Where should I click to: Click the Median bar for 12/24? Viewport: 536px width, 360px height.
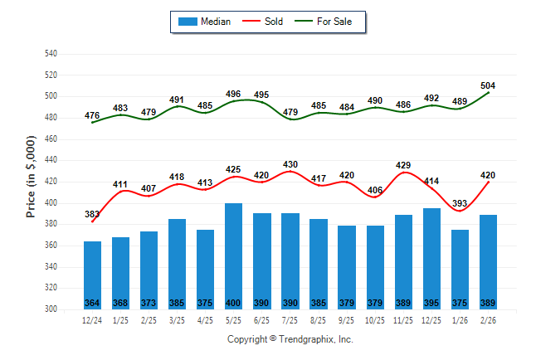pos(93,275)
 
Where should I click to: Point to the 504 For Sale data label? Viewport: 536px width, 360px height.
pos(488,86)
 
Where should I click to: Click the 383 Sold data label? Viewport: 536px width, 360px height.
pos(92,215)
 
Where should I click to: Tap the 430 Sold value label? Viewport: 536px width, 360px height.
pos(290,164)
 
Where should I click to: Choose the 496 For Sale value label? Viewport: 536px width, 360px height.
pos(233,94)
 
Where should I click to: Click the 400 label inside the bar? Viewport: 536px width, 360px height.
pos(234,303)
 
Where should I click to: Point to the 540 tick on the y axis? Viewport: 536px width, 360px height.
pos(50,54)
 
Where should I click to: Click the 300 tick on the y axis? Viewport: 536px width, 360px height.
pos(50,309)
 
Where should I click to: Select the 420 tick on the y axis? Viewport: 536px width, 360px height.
pos(50,182)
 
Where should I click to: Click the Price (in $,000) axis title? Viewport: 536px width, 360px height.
pos(31,182)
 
